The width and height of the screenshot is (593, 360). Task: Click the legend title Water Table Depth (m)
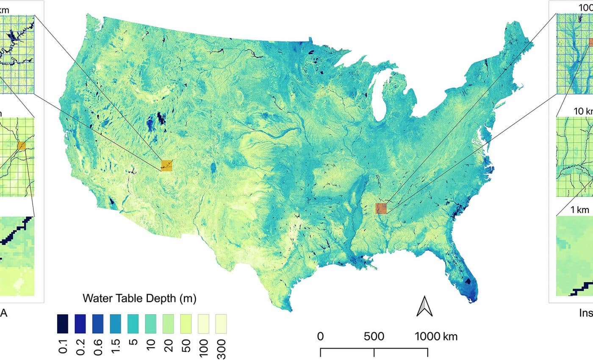139,299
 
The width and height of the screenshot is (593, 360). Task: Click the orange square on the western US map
167,166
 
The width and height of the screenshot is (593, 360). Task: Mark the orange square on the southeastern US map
381,208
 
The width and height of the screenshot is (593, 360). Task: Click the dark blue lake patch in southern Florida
468,281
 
